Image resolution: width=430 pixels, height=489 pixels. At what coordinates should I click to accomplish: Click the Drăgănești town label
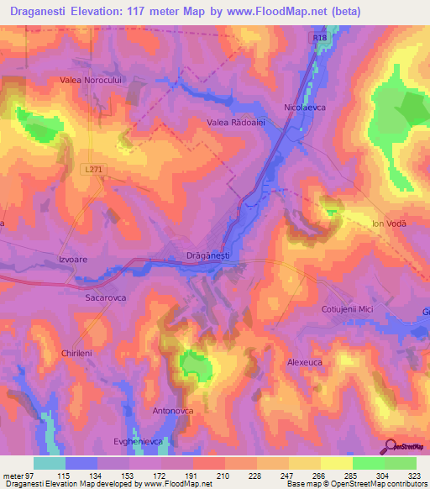(x=207, y=255)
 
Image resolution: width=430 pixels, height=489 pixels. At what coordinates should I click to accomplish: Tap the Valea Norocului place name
(x=92, y=80)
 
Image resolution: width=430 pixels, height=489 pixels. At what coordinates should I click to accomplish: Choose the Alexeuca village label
(x=305, y=361)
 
